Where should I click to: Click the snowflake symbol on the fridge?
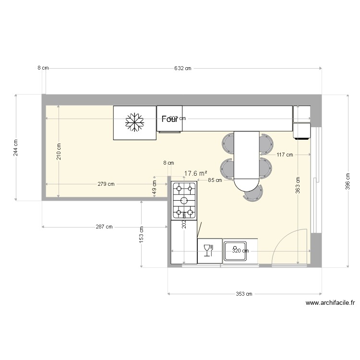click(135, 122)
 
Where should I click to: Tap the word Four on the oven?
click(169, 119)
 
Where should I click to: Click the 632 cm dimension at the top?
click(182, 68)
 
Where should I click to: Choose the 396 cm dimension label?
click(348, 181)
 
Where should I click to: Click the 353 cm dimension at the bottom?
click(244, 294)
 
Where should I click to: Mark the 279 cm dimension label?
click(106, 184)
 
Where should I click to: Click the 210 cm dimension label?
click(59, 152)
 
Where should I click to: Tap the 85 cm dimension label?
click(215, 180)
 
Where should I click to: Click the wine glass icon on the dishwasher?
click(208, 250)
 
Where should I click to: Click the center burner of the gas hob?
click(184, 200)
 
